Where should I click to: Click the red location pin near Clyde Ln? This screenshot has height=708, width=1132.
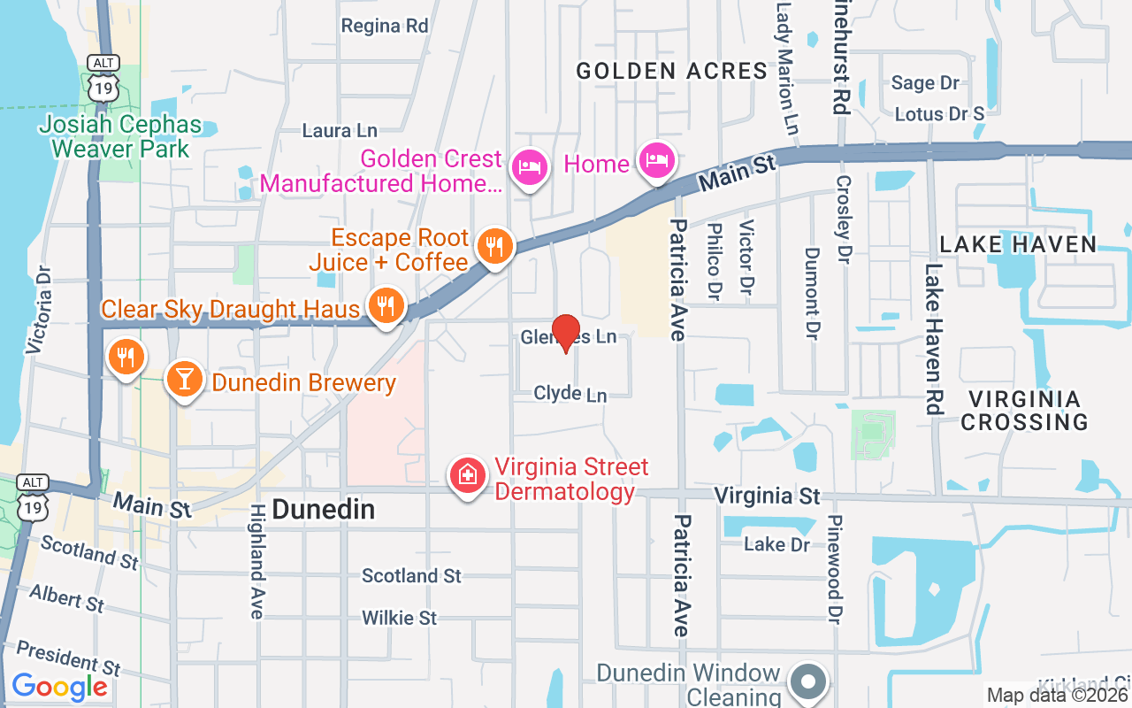click(x=566, y=333)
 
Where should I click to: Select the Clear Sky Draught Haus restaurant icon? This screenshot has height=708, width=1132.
click(x=385, y=306)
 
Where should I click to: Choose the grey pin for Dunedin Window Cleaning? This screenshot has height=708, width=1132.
click(x=807, y=682)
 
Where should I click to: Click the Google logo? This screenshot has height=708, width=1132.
click(x=59, y=687)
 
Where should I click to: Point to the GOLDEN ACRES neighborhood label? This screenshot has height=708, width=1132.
click(x=671, y=71)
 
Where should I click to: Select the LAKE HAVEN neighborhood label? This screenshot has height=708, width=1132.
click(x=1018, y=244)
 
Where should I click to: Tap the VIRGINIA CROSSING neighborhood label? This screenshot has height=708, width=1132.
click(x=1024, y=411)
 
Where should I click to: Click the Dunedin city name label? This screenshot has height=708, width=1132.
click(x=324, y=509)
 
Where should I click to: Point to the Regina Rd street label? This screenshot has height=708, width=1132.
click(x=385, y=26)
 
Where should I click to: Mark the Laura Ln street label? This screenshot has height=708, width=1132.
click(x=340, y=131)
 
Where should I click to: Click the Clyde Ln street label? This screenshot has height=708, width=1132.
click(x=570, y=394)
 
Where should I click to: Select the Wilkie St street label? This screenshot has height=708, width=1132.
click(x=400, y=617)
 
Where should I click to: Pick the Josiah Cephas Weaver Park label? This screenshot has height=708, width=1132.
click(x=120, y=136)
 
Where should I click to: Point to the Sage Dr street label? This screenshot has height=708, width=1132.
click(x=925, y=83)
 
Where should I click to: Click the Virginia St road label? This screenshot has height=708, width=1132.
click(x=767, y=496)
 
